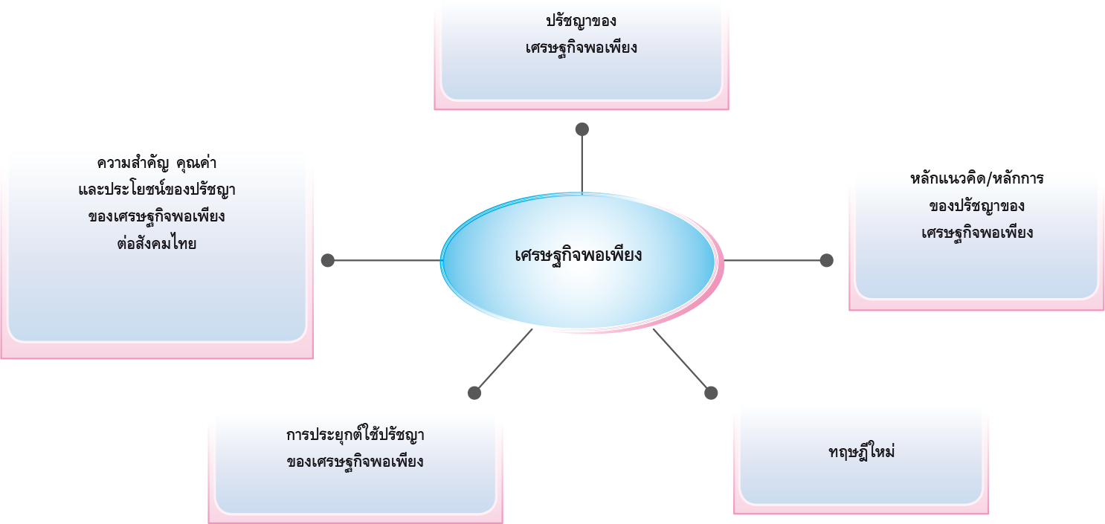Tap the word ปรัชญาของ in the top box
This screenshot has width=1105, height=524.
tap(581, 21)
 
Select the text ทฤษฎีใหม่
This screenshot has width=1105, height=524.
tap(861, 452)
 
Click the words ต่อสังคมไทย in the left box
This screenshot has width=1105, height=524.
tap(156, 243)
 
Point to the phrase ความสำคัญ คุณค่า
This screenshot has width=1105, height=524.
tap(156, 163)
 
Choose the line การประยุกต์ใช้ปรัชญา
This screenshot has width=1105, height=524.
tap(355, 435)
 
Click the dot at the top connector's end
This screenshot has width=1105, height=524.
tap(582, 129)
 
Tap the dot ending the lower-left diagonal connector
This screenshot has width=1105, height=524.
tap(474, 392)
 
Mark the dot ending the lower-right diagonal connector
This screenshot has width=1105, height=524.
tap(711, 392)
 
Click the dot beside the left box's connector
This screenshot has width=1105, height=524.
tap(328, 259)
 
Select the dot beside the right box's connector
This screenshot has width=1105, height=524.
tap(826, 259)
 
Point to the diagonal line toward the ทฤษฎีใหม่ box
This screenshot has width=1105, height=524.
tap(684, 364)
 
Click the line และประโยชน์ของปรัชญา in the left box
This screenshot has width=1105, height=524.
tap(156, 190)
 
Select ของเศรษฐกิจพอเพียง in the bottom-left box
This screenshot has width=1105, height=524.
tap(355, 462)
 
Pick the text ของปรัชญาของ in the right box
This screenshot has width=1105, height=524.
tap(976, 206)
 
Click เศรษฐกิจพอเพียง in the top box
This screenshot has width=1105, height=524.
tap(581, 48)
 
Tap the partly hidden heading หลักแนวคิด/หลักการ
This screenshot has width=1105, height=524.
tap(976, 180)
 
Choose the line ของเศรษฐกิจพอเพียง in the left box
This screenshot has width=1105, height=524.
tap(156, 216)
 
